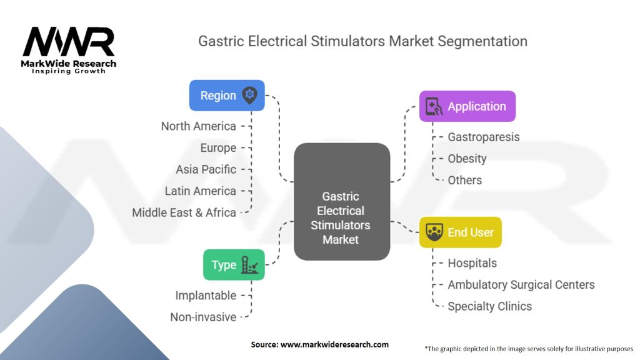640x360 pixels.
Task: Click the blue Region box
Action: [x=227, y=96]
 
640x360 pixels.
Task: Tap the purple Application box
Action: [x=467, y=106]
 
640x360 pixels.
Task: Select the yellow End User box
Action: [x=461, y=232]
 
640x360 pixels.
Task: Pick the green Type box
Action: [x=234, y=264]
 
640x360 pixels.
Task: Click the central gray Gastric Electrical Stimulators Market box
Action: [x=342, y=202]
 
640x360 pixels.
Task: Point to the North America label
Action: [x=198, y=126]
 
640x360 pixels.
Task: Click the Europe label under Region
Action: [x=218, y=147]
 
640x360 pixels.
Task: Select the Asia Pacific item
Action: [x=206, y=169]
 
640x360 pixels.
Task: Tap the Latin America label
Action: [x=201, y=191]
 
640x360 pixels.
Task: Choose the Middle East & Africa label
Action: [x=184, y=212]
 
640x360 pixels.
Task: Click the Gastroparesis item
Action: [x=484, y=137]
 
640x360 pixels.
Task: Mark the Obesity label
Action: [x=467, y=159]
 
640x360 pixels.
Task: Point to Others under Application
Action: [x=464, y=180]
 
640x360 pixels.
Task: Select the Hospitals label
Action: [x=472, y=263]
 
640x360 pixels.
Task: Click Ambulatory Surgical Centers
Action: [x=521, y=285]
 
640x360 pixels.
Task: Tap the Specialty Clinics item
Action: [x=490, y=306]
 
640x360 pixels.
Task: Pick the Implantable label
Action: [x=206, y=296]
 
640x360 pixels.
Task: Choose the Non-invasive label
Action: [x=203, y=317]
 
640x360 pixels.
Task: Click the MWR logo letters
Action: [x=69, y=42]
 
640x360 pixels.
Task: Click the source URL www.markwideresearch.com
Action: [x=334, y=344]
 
